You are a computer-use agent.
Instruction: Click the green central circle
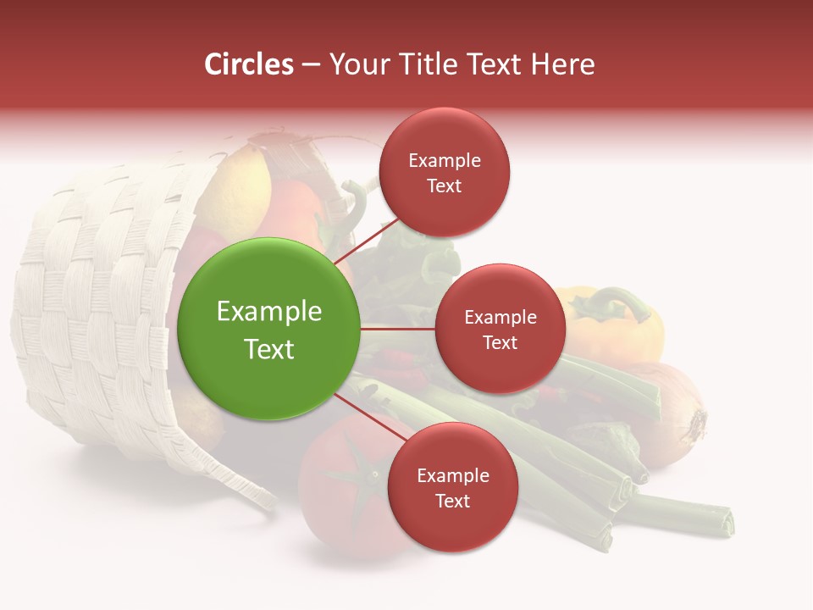(x=269, y=330)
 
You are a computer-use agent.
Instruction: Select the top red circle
(x=444, y=172)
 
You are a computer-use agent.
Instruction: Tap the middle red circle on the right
(x=500, y=329)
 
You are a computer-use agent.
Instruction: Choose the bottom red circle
(x=452, y=487)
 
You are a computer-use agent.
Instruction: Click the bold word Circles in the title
(x=249, y=64)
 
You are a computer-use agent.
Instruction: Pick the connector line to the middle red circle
(x=398, y=329)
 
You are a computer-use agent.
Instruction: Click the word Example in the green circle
(x=269, y=312)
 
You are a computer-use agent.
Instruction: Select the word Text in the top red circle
(x=444, y=186)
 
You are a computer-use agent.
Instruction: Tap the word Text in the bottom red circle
(x=452, y=501)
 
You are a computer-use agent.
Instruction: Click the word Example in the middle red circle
(x=500, y=317)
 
